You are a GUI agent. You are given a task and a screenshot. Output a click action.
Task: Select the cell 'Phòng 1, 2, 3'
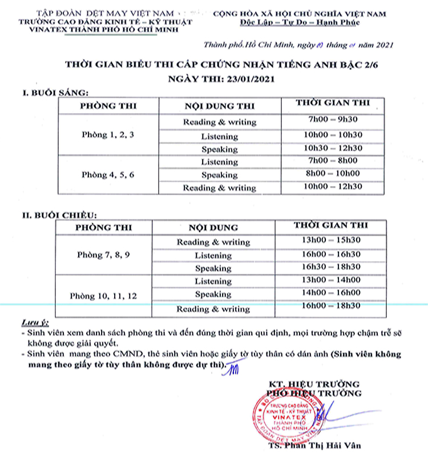(108, 135)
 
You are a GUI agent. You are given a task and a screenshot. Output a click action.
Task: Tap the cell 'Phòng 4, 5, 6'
(108, 174)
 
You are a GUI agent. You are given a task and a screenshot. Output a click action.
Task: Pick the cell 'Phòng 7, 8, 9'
(103, 255)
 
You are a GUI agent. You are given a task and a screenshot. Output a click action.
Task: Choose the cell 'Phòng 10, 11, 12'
(103, 295)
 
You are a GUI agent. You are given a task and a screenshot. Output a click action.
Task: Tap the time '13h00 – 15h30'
(331, 240)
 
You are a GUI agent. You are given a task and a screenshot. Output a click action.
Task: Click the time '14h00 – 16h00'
(331, 293)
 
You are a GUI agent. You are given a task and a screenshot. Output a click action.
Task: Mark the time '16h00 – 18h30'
(331, 307)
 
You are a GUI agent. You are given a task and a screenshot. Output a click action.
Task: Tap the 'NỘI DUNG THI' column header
(220, 106)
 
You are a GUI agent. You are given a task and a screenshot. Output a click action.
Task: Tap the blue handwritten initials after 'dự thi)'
(232, 370)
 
